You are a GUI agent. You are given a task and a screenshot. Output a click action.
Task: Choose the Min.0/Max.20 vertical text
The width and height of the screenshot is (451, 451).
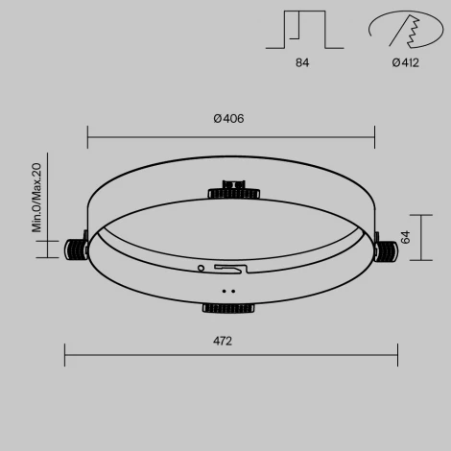(37, 198)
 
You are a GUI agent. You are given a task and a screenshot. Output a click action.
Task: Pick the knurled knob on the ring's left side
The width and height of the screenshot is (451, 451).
(75, 249)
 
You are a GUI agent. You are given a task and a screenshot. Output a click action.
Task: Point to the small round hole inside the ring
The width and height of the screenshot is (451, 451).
(201, 268)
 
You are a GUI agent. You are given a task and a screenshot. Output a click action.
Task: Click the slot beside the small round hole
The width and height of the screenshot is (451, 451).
(228, 269)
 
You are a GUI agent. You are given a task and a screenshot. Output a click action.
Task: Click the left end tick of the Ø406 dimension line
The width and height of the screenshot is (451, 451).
(87, 135)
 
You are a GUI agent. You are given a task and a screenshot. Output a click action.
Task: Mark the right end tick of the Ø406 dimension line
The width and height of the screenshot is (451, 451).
(374, 135)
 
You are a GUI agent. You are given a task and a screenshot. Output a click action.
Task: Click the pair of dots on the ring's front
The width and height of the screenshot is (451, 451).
(228, 289)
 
